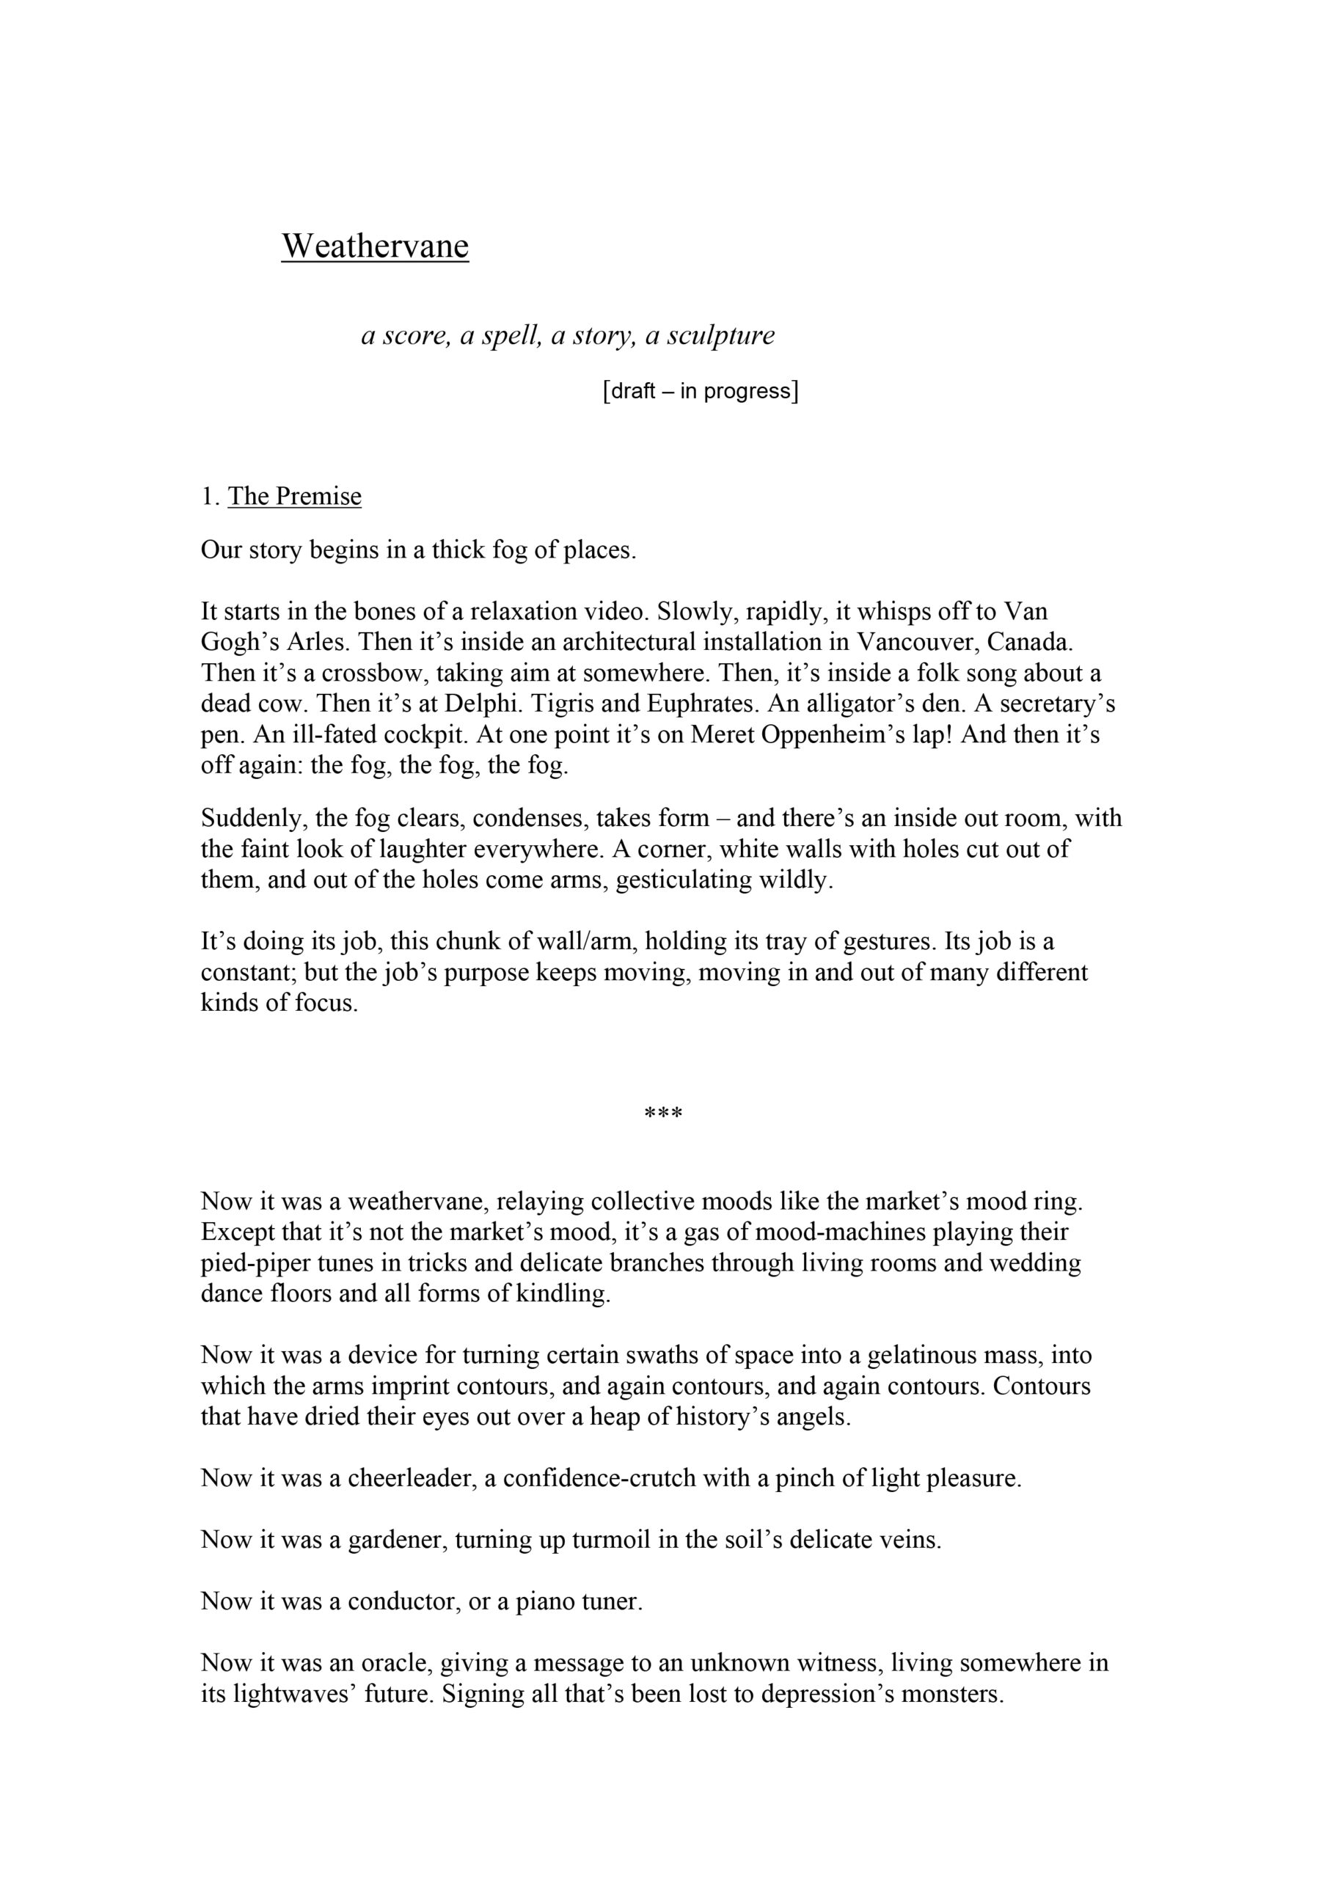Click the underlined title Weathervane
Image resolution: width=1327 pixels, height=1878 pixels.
(375, 245)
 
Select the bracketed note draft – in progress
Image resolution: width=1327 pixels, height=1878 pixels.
(700, 391)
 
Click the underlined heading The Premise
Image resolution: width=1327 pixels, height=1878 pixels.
(295, 497)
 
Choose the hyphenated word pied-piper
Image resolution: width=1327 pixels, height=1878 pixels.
(257, 1263)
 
